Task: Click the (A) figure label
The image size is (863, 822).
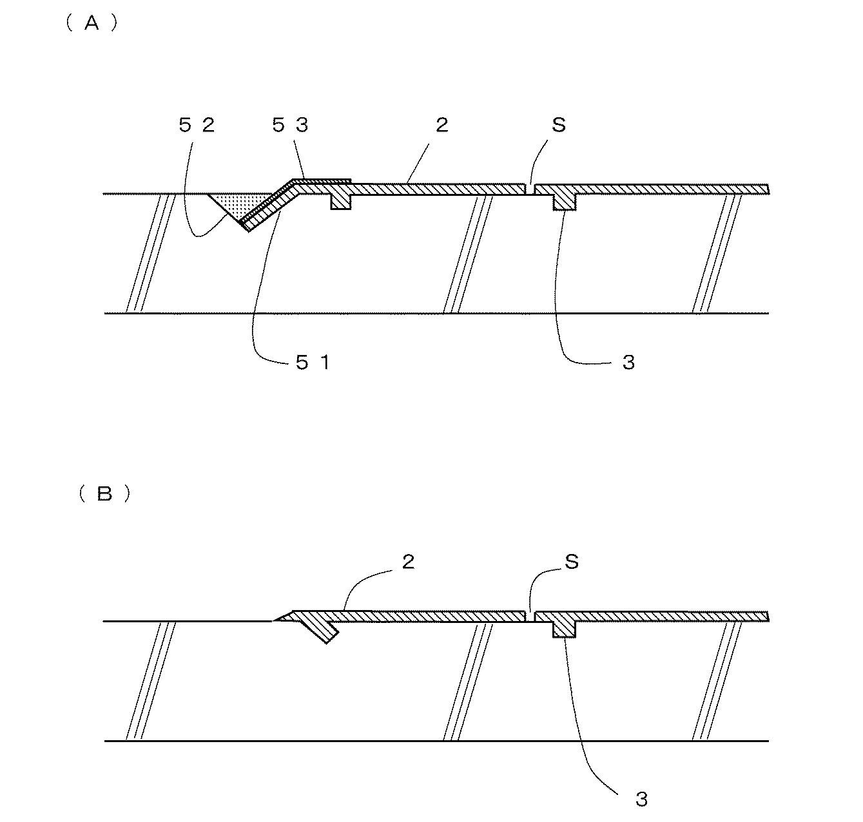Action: (x=91, y=24)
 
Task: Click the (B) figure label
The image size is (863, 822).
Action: (x=104, y=493)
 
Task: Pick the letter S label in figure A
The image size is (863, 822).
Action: (x=558, y=125)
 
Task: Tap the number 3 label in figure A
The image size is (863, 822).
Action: (x=628, y=363)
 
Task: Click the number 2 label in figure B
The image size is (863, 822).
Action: (x=408, y=562)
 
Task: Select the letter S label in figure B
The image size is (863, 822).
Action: (x=571, y=562)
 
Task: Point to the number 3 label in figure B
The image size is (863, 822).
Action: (x=641, y=799)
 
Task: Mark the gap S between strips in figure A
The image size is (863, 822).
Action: (x=530, y=189)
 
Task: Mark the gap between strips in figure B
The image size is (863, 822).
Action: (x=530, y=616)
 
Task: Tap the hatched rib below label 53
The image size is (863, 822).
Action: (x=340, y=200)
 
